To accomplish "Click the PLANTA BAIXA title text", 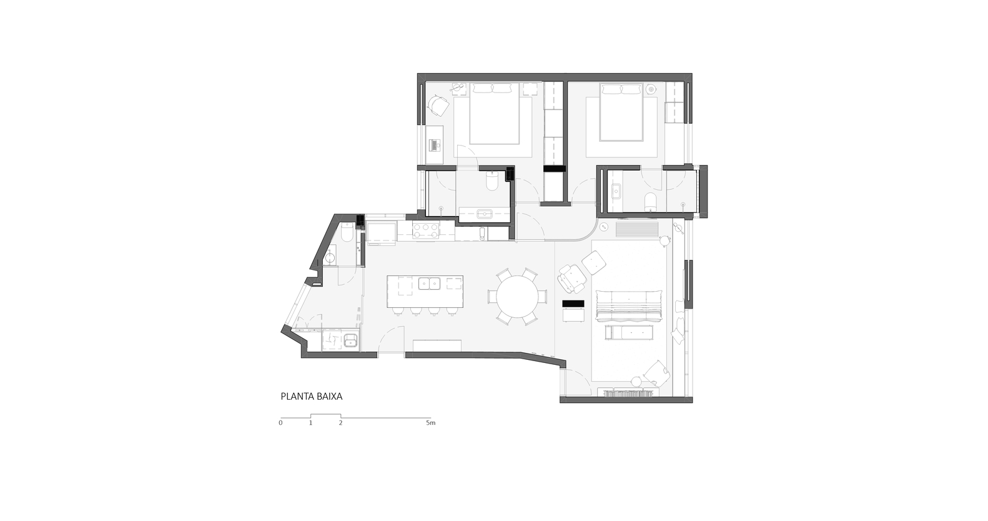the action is [312, 397].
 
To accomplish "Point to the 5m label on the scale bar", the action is [430, 423].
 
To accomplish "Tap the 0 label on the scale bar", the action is [280, 423].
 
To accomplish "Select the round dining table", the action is [517, 296].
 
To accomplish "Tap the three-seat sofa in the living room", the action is [628, 305].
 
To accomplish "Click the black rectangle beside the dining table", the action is [573, 304].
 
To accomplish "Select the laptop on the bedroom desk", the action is [435, 145].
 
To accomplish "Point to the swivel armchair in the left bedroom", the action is [439, 106].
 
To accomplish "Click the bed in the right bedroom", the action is [621, 112].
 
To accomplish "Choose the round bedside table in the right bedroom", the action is [651, 89].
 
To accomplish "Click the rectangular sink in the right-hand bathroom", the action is [616, 192].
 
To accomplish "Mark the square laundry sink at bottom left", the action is [351, 340].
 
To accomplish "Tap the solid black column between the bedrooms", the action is [555, 168].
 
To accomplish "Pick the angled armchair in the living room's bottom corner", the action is [657, 373].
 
